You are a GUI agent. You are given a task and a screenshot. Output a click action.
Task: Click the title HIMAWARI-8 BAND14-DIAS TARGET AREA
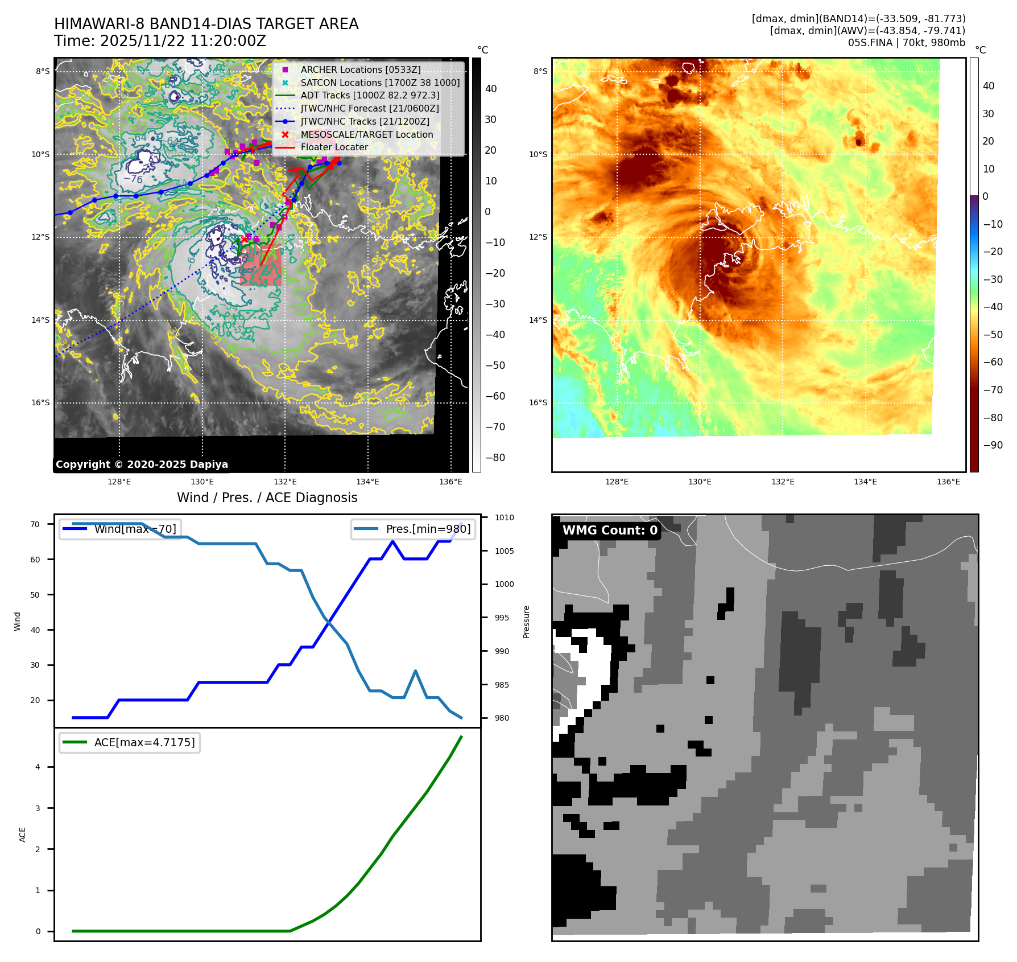[206, 24]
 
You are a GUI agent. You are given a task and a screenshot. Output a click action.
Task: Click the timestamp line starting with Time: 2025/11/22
[160, 41]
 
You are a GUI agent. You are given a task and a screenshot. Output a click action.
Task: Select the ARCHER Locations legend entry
[361, 69]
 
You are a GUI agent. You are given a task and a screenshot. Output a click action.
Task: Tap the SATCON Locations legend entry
[380, 83]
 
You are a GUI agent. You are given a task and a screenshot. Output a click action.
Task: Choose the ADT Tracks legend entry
[370, 96]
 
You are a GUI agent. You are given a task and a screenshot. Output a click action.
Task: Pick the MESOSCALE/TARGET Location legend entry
[367, 134]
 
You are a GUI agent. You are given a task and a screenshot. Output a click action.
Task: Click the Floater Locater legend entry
[334, 147]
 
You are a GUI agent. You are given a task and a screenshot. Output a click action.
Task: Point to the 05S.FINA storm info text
[906, 43]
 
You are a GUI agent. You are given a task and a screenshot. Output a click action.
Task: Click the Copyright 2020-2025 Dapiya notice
[142, 464]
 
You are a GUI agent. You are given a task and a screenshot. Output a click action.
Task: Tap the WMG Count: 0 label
[610, 531]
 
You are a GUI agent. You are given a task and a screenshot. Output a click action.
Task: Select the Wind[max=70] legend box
[121, 529]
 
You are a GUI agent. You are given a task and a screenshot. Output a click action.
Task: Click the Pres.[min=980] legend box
[414, 529]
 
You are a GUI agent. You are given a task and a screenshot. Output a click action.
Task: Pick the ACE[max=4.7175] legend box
[130, 742]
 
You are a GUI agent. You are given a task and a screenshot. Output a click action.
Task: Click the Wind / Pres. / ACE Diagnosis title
[267, 498]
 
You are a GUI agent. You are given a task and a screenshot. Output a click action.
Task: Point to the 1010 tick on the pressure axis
[504, 517]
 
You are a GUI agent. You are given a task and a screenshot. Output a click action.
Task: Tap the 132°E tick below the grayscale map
[285, 482]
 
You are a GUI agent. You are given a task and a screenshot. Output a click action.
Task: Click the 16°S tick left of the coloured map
[538, 402]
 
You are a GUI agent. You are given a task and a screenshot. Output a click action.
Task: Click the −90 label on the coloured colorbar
[993, 445]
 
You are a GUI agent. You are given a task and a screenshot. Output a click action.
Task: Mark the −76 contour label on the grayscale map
[133, 179]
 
